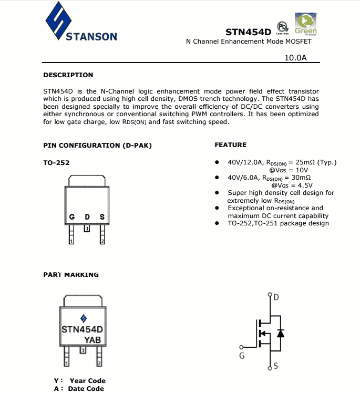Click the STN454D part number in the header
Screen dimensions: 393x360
click(248, 32)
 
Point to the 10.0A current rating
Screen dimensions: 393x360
click(295, 58)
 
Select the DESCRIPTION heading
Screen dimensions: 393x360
click(68, 75)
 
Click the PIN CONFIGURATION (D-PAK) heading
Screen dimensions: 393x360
click(97, 145)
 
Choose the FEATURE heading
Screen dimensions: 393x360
click(230, 145)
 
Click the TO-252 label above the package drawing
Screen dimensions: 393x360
click(56, 162)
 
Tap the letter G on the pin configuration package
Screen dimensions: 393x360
click(72, 217)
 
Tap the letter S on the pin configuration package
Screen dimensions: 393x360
click(102, 217)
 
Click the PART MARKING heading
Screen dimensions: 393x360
click(71, 274)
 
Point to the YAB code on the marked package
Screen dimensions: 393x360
click(92, 340)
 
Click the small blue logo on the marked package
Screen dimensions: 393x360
click(83, 318)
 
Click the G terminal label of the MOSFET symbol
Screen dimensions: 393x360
click(242, 356)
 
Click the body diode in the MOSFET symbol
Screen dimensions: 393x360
click(280, 333)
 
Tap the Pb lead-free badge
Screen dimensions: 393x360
click(282, 27)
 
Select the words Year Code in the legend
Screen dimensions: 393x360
click(87, 381)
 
